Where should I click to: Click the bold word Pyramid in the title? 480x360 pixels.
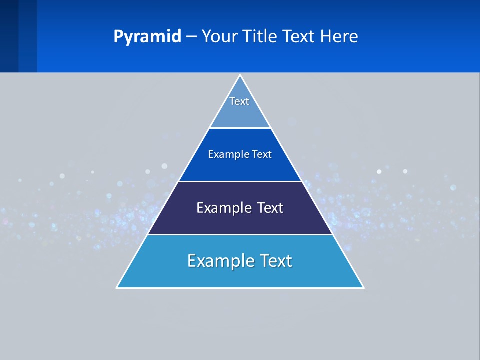(x=147, y=37)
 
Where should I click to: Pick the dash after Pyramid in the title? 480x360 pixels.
(x=191, y=37)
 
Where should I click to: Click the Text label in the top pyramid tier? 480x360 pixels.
(x=239, y=101)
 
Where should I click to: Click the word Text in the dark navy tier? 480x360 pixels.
(x=271, y=208)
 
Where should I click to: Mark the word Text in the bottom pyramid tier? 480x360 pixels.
(x=276, y=261)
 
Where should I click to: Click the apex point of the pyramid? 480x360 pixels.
(x=240, y=75)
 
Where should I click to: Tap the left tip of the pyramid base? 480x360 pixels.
(x=117, y=287)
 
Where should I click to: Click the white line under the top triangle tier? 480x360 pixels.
(x=240, y=128)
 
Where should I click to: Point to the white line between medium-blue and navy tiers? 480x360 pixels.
(x=240, y=181)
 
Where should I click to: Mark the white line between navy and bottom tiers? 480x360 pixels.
(x=240, y=234)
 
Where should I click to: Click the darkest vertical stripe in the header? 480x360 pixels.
(x=9, y=36)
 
